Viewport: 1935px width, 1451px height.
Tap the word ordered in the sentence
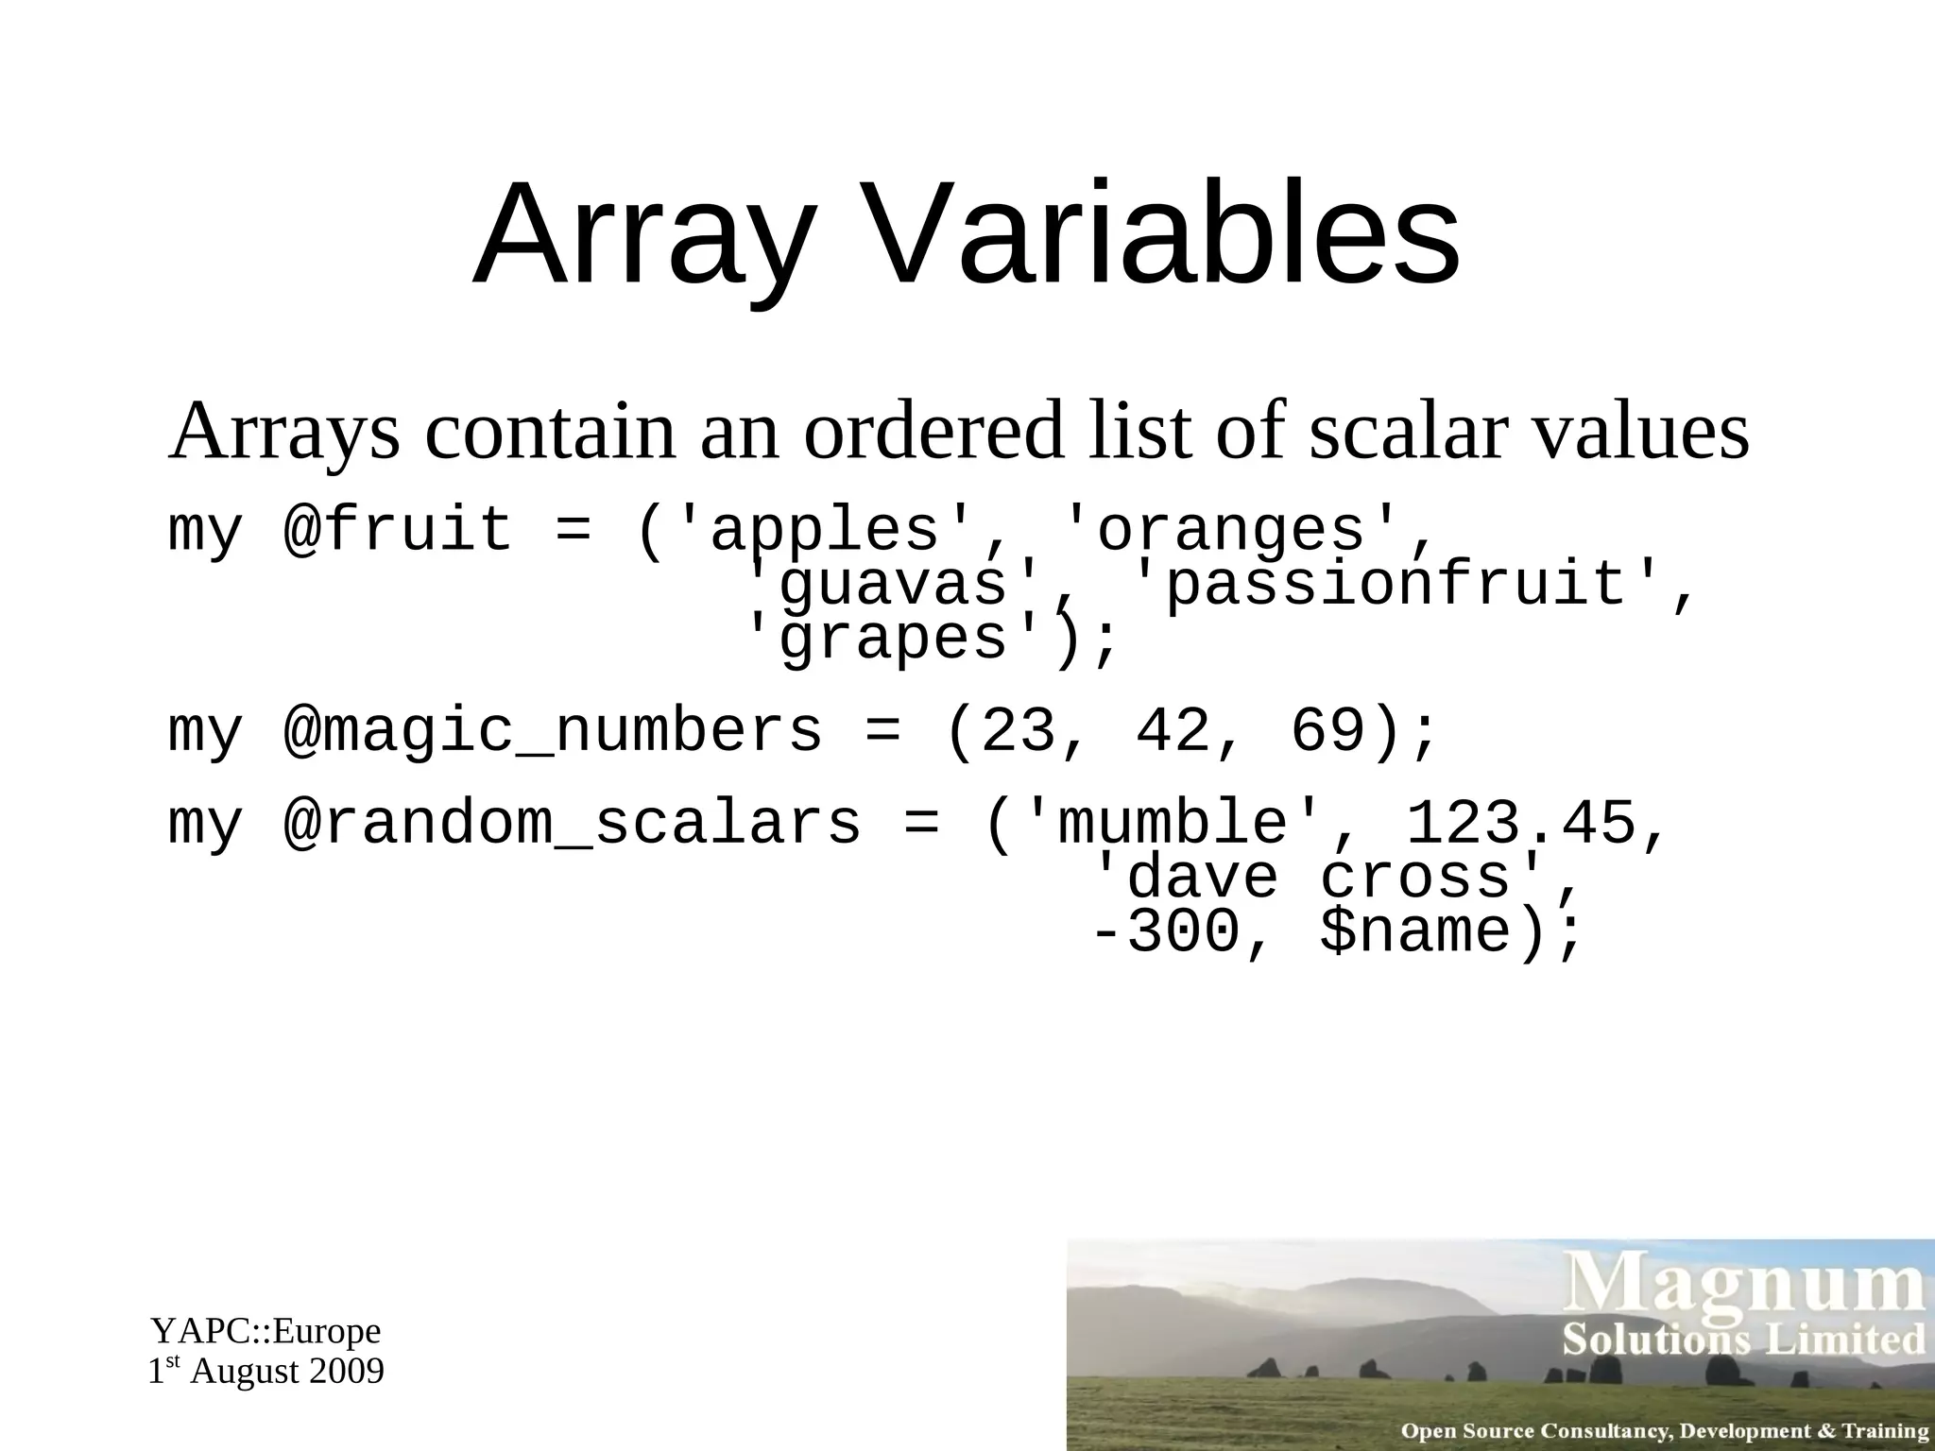click(933, 432)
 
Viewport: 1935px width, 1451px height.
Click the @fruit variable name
click(397, 530)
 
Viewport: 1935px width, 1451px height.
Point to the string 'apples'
click(824, 530)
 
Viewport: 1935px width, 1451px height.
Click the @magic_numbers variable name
click(552, 731)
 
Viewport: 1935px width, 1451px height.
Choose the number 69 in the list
click(1327, 731)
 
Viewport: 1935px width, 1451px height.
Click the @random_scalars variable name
click(571, 823)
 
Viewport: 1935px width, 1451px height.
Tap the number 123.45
click(1521, 823)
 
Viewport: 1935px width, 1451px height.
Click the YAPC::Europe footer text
click(265, 1331)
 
